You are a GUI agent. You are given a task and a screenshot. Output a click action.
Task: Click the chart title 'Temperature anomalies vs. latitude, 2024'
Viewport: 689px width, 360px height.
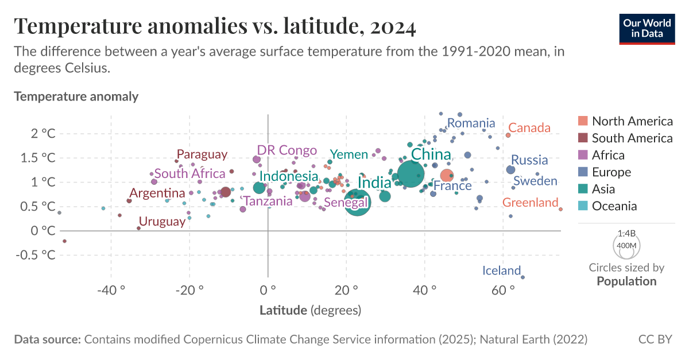(215, 26)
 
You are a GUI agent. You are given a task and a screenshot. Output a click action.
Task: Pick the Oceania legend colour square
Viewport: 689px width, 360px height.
(583, 206)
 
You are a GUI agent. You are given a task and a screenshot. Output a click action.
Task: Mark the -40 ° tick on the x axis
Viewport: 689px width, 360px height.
(111, 290)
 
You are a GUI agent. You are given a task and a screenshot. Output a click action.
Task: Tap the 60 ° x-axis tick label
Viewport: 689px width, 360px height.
(504, 290)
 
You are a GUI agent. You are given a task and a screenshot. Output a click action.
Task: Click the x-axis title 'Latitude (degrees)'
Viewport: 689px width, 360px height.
(310, 311)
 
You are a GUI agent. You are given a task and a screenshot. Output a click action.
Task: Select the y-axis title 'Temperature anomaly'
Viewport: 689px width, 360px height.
(76, 96)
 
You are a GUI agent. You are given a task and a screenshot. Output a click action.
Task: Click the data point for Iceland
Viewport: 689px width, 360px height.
(522, 277)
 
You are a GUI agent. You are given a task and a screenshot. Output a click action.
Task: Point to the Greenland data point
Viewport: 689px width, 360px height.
(560, 209)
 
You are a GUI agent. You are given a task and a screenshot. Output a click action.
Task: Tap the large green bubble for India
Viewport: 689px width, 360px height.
(358, 202)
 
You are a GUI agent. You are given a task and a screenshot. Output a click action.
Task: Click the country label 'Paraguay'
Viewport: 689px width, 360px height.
(202, 154)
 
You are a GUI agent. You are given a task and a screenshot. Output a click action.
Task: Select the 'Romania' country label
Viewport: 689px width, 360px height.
(471, 123)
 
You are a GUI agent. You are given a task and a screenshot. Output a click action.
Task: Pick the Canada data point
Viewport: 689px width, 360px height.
(508, 136)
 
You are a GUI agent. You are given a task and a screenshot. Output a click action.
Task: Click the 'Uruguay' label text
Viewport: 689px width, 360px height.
(162, 222)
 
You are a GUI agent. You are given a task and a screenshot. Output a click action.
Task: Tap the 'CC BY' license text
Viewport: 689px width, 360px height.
(655, 339)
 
